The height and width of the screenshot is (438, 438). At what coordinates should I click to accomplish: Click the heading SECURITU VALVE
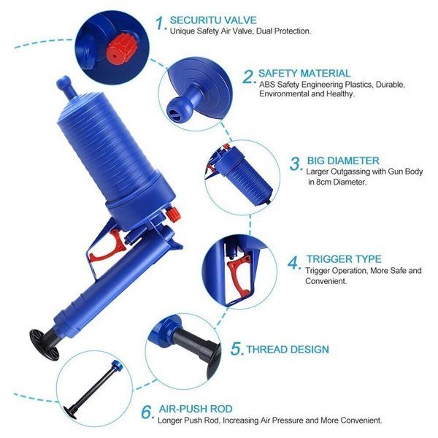coord(213,20)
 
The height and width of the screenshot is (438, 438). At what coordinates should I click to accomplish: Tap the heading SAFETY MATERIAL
coord(304,73)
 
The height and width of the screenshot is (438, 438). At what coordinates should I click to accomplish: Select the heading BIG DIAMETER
coord(343,161)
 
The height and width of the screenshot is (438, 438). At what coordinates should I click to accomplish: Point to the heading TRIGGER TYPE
coord(344,259)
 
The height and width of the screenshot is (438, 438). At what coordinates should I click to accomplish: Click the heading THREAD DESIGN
coord(288,350)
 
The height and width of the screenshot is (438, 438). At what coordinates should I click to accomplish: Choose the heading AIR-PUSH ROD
coord(196,409)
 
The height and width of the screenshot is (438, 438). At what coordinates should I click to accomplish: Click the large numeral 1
coord(161,23)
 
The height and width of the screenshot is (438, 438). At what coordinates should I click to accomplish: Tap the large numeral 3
coord(296,164)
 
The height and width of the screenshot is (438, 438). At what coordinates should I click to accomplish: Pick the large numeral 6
coord(147,412)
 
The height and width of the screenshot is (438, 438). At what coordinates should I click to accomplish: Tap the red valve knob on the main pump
coord(173,215)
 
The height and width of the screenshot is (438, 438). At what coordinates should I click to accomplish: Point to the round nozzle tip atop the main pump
coord(64,82)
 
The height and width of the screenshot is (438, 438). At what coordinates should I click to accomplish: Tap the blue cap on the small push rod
coord(116,365)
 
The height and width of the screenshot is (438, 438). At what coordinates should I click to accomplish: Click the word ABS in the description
coord(266,85)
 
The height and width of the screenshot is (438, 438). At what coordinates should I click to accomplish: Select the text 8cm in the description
coord(324,182)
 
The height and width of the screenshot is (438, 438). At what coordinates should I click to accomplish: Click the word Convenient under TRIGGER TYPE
coord(326,281)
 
